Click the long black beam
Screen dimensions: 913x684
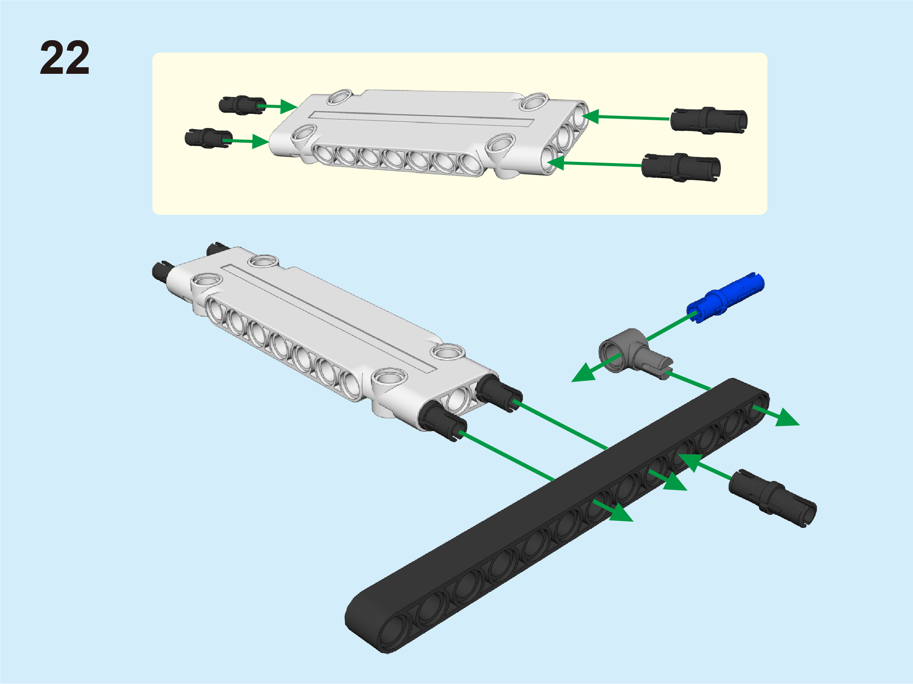point(557,516)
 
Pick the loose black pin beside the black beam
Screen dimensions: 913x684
point(772,498)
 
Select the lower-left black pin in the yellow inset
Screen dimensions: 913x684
point(208,137)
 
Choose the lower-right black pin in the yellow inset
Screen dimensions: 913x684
point(681,167)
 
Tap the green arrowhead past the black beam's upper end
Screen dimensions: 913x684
point(787,418)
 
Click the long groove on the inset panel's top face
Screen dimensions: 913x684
point(421,119)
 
